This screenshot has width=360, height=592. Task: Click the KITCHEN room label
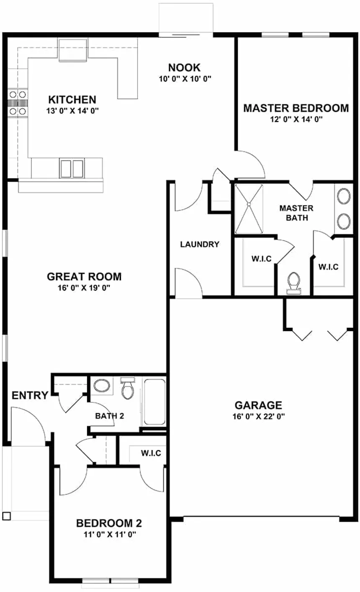tap(72, 100)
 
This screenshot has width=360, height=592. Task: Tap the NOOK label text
tap(184, 67)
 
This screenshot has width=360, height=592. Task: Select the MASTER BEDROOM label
tap(296, 108)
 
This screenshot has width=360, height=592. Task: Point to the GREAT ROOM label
tap(84, 276)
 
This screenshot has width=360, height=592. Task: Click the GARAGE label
tap(258, 405)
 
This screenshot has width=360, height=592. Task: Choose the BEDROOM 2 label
tap(109, 523)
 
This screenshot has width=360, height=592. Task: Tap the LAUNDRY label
tap(200, 244)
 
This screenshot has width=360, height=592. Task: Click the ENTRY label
tap(29, 395)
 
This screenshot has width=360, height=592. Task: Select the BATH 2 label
tap(110, 416)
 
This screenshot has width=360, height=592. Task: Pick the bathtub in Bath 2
tap(154, 401)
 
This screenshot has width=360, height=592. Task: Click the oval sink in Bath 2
tap(101, 385)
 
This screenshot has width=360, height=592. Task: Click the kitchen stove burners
tap(17, 103)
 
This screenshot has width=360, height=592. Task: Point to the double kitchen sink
tap(72, 168)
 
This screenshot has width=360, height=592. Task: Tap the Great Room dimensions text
tap(84, 287)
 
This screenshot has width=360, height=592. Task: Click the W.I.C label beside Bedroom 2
tap(151, 453)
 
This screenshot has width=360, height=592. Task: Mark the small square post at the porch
tap(6, 516)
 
